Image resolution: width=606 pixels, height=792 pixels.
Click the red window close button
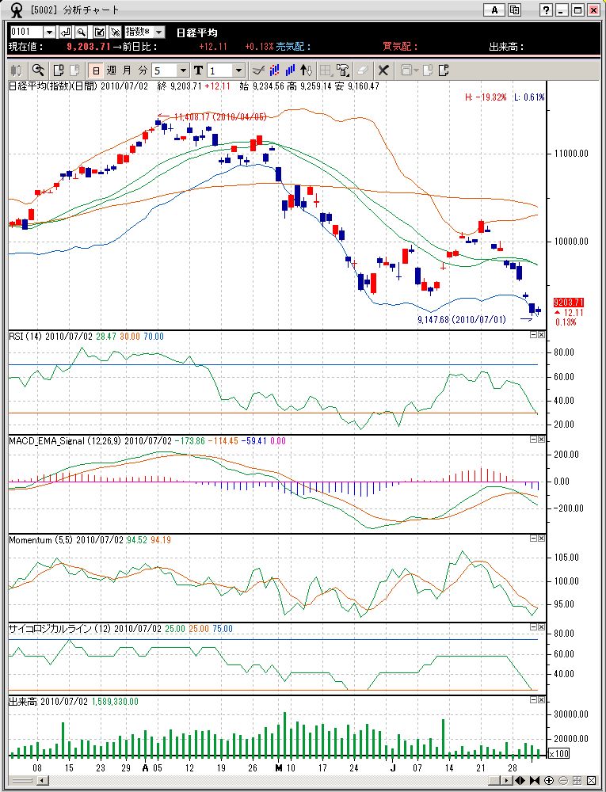click(593, 10)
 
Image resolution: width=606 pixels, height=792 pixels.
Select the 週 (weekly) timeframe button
click(111, 70)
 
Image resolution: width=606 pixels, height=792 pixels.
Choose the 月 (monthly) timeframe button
click(127, 70)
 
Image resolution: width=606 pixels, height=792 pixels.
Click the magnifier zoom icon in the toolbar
click(37, 70)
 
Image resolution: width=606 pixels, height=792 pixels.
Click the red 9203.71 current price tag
click(569, 303)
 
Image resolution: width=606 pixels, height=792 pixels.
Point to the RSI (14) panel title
click(25, 337)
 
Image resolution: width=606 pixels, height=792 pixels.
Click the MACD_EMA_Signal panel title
click(63, 440)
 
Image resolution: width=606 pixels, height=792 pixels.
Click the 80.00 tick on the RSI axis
click(564, 352)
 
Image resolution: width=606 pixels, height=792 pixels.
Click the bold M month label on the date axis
click(278, 768)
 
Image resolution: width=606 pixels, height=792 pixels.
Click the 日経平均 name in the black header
click(196, 32)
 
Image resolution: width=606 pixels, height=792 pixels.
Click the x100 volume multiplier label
click(558, 753)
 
